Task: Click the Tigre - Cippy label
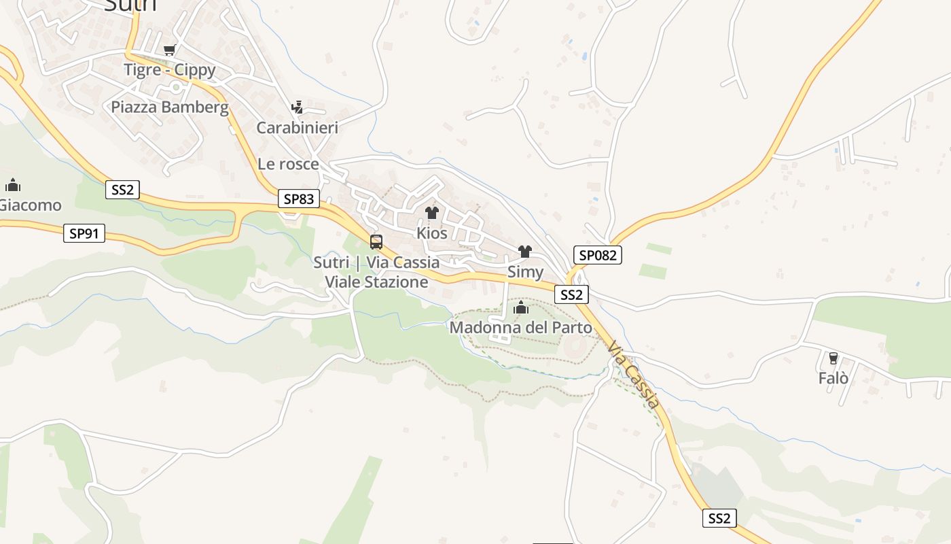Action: tap(169, 70)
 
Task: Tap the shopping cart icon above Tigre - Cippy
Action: tap(169, 50)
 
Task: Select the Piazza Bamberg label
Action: tap(170, 107)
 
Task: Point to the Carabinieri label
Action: tap(297, 128)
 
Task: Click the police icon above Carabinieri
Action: tap(297, 107)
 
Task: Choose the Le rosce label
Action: tap(288, 164)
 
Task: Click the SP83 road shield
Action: tap(298, 199)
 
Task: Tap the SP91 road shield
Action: tap(84, 233)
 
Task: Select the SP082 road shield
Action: tap(598, 255)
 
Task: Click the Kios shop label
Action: tap(432, 233)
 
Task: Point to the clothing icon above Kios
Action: tap(432, 213)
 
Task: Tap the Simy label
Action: tap(525, 273)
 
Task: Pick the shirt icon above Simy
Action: tap(524, 252)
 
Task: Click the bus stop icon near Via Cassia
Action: tap(376, 241)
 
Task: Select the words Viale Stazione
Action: tap(376, 282)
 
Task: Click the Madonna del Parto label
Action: tap(521, 328)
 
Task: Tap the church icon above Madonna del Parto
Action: tap(521, 308)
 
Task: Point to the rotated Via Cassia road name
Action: tap(634, 375)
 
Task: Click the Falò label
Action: tap(833, 378)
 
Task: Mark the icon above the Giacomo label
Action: tap(12, 185)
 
